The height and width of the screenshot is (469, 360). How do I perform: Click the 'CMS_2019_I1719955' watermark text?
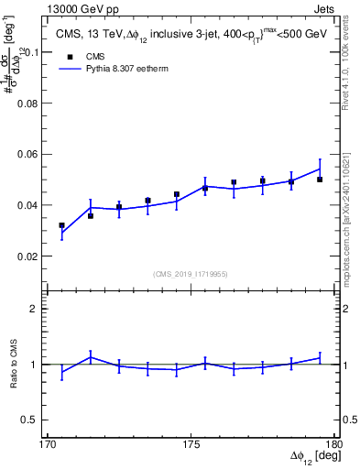point(190,272)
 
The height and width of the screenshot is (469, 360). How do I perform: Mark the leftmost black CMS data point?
point(61,225)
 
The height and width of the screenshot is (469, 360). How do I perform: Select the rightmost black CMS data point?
point(320,180)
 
